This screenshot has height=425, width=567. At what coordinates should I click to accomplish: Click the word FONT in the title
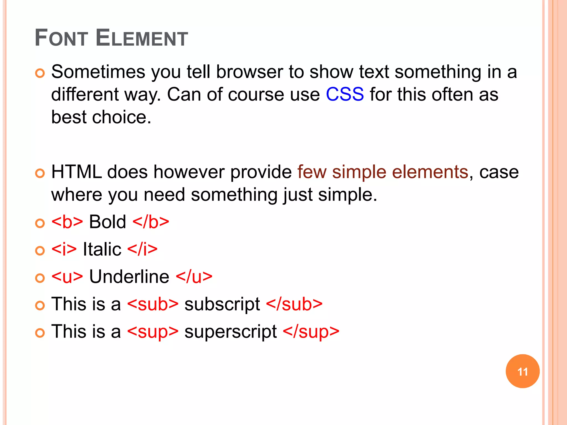[61, 38]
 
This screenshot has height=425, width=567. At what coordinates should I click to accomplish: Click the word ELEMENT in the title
[142, 38]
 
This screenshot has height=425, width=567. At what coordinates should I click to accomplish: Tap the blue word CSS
[345, 94]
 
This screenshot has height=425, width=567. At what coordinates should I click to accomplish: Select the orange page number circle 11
[522, 371]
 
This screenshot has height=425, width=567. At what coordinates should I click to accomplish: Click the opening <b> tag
[67, 222]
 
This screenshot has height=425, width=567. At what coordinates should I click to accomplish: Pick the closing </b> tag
[151, 222]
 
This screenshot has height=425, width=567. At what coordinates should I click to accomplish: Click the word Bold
[107, 222]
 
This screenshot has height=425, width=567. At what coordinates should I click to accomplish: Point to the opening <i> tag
[64, 249]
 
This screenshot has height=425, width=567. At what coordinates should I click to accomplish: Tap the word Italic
[102, 249]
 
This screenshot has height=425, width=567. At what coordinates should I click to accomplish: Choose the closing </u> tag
[194, 276]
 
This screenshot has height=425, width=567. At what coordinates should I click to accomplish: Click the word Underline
[129, 276]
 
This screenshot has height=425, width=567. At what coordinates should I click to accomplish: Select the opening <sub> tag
[153, 304]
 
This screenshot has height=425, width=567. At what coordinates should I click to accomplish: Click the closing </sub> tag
[294, 304]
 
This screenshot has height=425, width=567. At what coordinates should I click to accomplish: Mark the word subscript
[222, 304]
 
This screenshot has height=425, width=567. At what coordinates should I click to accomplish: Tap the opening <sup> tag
[153, 331]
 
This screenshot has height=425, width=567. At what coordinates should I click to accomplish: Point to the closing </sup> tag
[311, 331]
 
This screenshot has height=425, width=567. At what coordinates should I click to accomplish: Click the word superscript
[230, 331]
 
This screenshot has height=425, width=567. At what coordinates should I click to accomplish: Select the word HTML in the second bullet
[76, 172]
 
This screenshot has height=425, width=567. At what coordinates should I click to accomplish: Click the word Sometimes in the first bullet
[98, 72]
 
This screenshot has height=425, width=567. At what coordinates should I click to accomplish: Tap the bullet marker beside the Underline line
[40, 278]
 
